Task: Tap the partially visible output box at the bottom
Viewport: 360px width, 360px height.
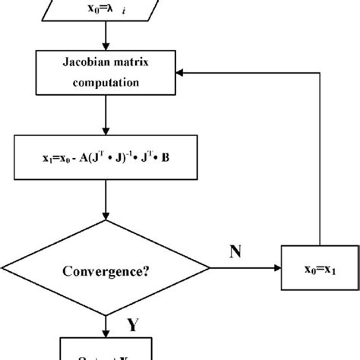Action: tap(107, 352)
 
